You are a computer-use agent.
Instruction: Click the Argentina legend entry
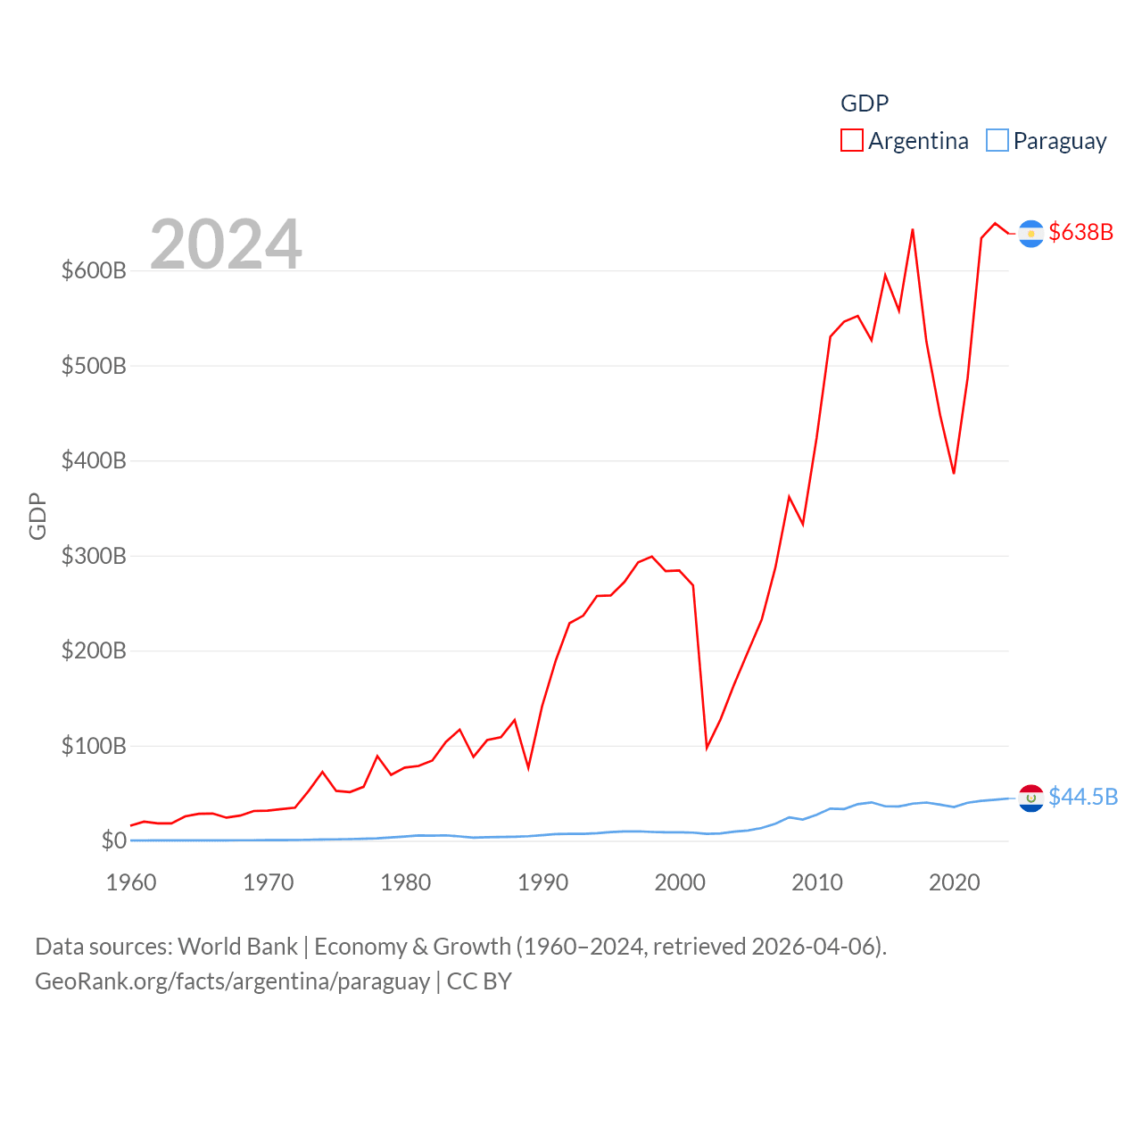coord(905,141)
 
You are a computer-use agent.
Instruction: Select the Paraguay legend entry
coord(1047,141)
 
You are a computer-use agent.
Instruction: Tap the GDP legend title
coord(865,103)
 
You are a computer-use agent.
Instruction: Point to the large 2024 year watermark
coord(226,244)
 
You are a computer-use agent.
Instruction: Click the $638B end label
coord(1080,232)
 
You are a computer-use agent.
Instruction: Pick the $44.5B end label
coord(1082,797)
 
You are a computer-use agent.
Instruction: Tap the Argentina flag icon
coord(1030,233)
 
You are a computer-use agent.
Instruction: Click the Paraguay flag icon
coord(1030,798)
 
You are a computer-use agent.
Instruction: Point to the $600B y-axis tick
coord(94,270)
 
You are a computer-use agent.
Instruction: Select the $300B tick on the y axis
coord(94,556)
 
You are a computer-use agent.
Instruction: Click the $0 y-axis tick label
coord(113,840)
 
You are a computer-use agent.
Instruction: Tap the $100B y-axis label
coord(94,746)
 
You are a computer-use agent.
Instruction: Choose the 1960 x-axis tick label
coord(131,882)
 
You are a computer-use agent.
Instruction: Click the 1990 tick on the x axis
coord(542,882)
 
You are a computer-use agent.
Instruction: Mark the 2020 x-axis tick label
coord(954,882)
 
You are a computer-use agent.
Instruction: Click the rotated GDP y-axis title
coord(37,516)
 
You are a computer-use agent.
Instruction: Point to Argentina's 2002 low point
coord(707,748)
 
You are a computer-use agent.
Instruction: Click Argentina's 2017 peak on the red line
coord(912,229)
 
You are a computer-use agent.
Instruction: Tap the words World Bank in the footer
coord(237,947)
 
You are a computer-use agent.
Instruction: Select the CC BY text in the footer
coord(479,981)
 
